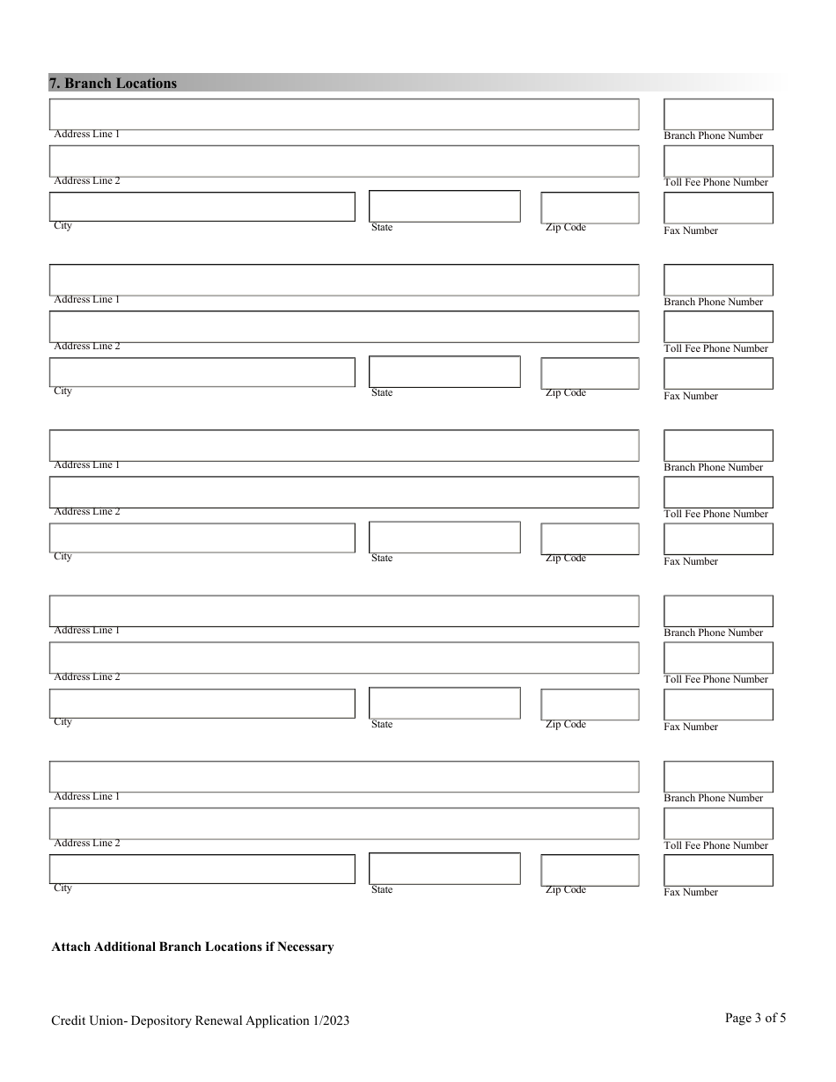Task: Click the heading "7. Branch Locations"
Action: click(113, 84)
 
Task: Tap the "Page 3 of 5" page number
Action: click(755, 1018)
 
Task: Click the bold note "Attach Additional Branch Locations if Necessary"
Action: click(193, 947)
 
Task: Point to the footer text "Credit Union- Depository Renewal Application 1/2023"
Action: click(201, 1020)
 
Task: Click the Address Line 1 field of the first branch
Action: click(343, 114)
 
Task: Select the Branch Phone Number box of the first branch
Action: click(717, 114)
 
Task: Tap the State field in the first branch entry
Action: click(444, 207)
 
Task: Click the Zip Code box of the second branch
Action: click(590, 373)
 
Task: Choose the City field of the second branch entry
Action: click(202, 372)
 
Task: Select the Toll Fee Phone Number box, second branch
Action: click(717, 326)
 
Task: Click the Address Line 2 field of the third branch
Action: click(343, 492)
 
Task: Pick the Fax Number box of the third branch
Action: click(717, 539)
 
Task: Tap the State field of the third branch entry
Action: click(444, 537)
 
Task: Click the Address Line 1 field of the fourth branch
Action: click(343, 611)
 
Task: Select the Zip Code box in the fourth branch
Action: click(590, 705)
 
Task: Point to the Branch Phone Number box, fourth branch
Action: click(717, 611)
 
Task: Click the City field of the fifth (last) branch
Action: click(202, 869)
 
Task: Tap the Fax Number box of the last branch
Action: click(717, 870)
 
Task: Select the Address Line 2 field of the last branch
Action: click(343, 823)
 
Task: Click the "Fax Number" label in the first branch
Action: click(691, 230)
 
